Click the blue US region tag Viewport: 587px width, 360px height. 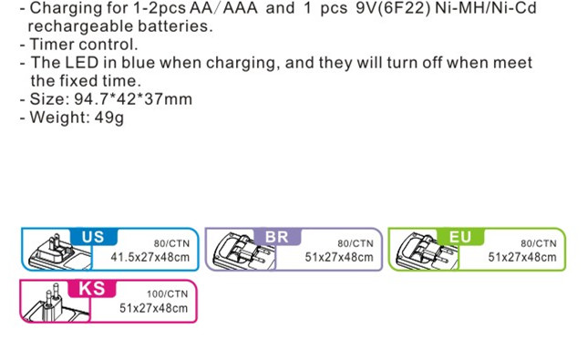point(94,237)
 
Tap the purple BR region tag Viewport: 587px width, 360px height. point(277,237)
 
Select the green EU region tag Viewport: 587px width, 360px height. point(460,237)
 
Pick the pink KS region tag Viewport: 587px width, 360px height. point(92,288)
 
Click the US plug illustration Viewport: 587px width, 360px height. point(57,251)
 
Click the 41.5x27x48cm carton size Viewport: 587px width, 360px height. point(150,257)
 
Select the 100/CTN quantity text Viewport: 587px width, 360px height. point(168,293)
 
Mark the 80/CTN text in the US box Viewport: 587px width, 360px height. point(171,243)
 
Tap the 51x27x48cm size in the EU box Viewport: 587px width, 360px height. point(522,257)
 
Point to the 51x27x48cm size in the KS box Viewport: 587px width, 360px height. point(153,308)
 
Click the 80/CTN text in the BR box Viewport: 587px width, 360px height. point(355,243)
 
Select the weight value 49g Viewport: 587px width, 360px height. point(109,118)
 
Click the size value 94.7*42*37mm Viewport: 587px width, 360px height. point(133,98)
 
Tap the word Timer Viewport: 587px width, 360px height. point(51,44)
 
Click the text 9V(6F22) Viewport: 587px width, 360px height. point(393,8)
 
